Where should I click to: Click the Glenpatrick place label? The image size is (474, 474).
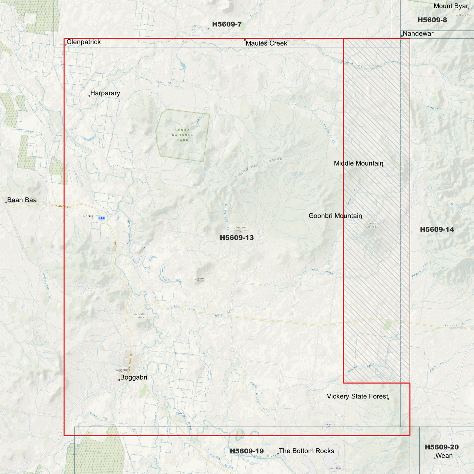(x=84, y=42)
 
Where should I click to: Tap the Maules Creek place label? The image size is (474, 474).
(x=266, y=43)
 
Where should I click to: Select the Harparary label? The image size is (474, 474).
(x=105, y=93)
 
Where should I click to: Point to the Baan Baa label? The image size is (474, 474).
(x=22, y=200)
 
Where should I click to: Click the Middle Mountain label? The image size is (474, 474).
(x=359, y=163)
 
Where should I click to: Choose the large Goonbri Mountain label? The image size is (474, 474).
(x=335, y=216)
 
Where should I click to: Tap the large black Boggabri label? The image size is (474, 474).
(x=134, y=377)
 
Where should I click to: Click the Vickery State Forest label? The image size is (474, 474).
(x=358, y=396)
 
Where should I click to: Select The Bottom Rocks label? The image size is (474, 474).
(x=306, y=451)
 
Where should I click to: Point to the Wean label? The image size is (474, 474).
(x=444, y=456)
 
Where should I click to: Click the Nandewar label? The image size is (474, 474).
(x=418, y=33)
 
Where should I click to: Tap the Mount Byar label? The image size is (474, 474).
(x=451, y=6)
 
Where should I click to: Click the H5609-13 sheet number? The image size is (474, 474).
(x=237, y=237)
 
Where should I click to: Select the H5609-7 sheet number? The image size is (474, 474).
(x=227, y=24)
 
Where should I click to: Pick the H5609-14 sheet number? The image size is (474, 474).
(x=437, y=229)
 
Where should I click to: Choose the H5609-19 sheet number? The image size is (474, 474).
(x=247, y=451)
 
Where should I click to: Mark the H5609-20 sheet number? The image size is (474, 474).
(x=442, y=447)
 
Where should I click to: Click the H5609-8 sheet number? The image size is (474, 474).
(x=432, y=20)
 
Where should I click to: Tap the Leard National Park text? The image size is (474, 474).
(x=182, y=135)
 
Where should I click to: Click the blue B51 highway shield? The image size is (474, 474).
(x=102, y=218)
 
